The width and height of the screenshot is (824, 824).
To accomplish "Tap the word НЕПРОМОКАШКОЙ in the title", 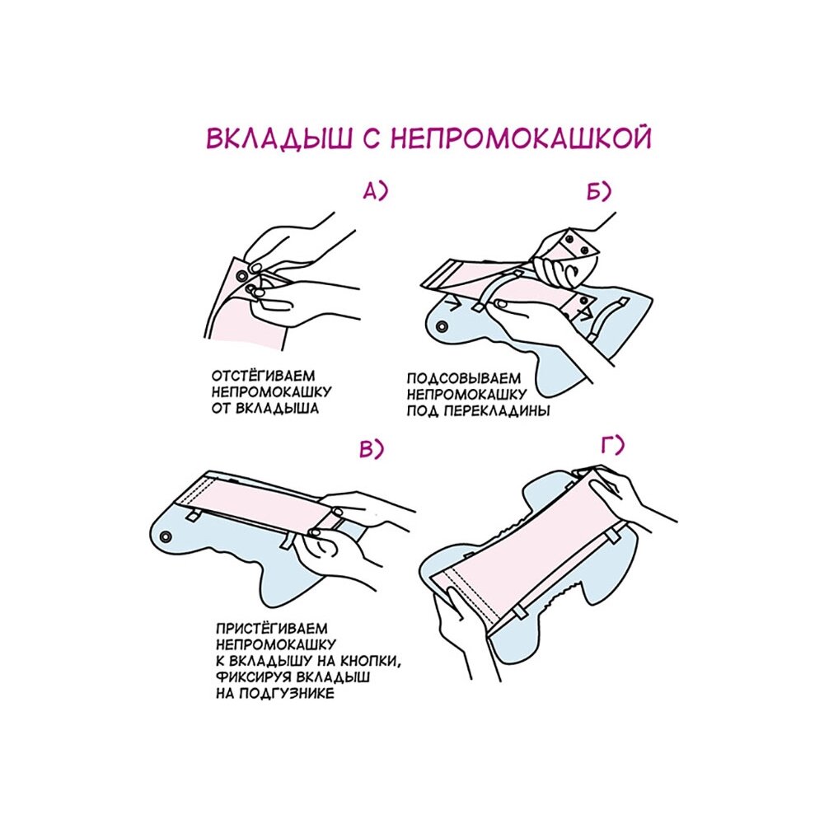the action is point(522,138).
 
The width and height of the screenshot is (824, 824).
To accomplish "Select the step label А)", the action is point(375,191).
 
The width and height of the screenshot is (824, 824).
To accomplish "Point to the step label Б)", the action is point(599,192).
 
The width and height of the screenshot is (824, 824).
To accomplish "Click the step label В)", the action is point(372,449).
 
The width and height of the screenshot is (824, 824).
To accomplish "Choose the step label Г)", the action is point(613,446).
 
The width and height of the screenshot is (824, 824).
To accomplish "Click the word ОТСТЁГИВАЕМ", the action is point(264,376).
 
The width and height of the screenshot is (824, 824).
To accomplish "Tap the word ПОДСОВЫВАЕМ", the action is point(463,378).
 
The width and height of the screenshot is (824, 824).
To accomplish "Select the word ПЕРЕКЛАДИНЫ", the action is point(497,411).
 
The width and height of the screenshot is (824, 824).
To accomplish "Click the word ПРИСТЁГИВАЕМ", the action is point(272,629).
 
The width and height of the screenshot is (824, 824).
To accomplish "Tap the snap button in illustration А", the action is point(241,276).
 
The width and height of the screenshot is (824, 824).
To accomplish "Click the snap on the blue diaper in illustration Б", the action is point(442,327).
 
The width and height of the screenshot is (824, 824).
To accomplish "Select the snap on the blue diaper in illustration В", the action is point(166,537).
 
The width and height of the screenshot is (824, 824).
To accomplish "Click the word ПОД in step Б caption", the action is point(423,411).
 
